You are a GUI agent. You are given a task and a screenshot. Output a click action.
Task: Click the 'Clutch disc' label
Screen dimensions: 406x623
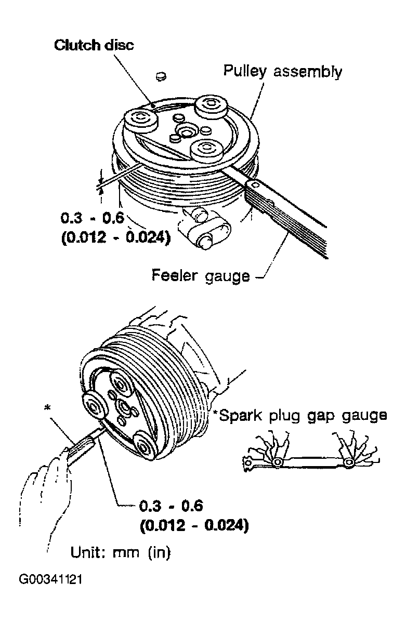(94, 45)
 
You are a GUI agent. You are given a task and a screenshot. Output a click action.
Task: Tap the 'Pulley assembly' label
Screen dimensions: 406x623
(282, 71)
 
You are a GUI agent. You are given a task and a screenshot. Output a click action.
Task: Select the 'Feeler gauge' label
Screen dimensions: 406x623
(201, 275)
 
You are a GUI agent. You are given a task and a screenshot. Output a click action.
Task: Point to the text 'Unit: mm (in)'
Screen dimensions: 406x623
(121, 552)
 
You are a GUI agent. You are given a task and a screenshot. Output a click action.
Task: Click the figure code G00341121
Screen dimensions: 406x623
(50, 579)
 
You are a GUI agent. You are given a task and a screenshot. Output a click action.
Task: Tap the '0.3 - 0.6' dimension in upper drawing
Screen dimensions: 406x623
(92, 218)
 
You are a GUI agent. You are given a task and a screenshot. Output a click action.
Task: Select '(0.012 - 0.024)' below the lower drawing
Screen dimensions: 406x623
(194, 525)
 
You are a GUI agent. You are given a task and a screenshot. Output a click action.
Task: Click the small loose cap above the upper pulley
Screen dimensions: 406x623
(161, 76)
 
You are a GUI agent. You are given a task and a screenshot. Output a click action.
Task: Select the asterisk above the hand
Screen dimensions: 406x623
(48, 408)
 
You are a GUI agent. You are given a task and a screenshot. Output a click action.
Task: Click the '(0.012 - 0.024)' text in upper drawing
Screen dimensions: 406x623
(116, 237)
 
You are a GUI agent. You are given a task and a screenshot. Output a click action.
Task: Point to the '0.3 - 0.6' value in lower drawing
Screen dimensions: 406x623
(172, 506)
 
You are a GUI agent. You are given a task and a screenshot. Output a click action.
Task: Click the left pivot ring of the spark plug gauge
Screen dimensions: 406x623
(277, 462)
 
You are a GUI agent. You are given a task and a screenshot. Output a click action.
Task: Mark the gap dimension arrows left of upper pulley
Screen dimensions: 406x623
(101, 182)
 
